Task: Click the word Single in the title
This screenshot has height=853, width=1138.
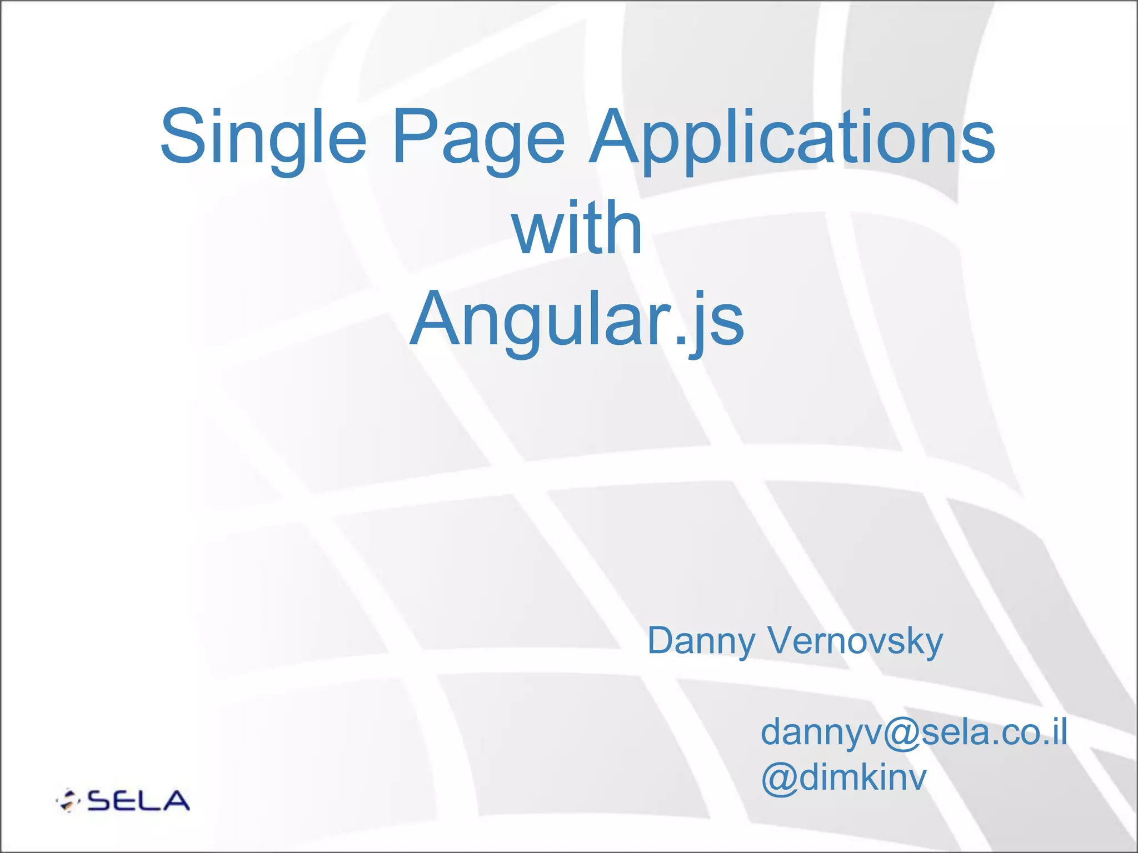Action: point(263,137)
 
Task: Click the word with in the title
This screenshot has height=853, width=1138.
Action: point(577,228)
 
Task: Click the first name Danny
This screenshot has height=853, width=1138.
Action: point(701,642)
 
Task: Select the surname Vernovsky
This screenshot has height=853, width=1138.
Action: point(855,642)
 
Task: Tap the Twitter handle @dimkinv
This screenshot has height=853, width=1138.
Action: point(843,778)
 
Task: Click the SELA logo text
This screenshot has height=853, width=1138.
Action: point(138,801)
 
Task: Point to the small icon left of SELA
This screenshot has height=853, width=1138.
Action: point(68,800)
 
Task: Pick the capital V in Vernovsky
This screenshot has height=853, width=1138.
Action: point(784,641)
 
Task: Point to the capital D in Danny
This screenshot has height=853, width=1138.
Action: point(661,641)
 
